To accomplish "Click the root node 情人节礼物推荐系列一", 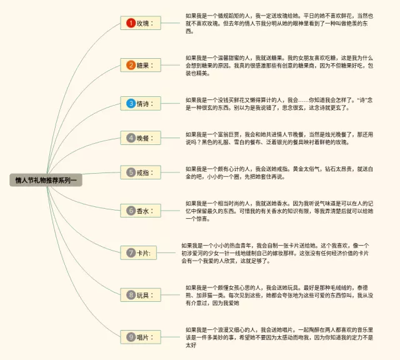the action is (47, 180).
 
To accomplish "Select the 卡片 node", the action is (141, 252).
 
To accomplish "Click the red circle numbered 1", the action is (131, 23).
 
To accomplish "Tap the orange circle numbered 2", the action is (131, 65).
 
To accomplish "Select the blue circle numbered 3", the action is (131, 103).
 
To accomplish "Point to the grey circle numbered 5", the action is (131, 172).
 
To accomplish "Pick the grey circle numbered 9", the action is (131, 337).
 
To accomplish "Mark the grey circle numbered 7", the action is (131, 252).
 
